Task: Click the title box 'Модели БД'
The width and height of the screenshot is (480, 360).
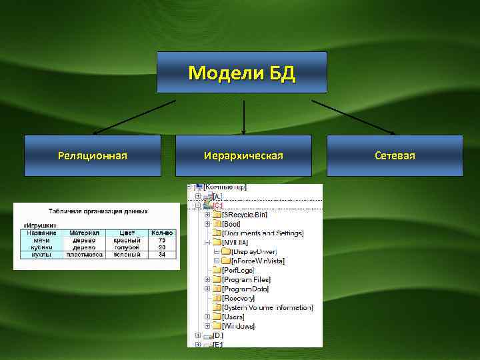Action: click(241, 72)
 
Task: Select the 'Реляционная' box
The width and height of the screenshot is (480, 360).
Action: click(92, 155)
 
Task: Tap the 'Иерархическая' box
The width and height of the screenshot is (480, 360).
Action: click(243, 155)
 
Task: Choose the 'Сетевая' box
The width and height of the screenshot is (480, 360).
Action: click(395, 155)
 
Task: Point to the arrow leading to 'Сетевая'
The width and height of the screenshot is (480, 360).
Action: click(353, 117)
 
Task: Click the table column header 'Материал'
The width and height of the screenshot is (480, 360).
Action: click(85, 233)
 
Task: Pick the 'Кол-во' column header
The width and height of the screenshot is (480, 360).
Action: click(162, 233)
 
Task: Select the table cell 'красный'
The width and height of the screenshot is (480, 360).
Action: click(127, 240)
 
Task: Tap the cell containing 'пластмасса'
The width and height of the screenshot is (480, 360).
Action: click(85, 254)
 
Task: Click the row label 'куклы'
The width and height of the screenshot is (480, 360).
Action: click(42, 254)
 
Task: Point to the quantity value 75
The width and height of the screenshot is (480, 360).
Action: click(162, 240)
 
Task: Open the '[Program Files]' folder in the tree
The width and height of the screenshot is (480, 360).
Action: click(247, 280)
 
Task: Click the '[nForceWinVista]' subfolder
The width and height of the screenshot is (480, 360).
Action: click(257, 261)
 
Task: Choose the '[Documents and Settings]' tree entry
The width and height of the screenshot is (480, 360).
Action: click(263, 233)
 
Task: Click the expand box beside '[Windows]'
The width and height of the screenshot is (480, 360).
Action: click(207, 326)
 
